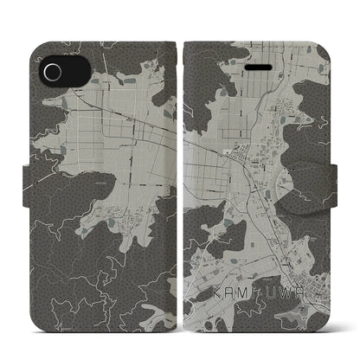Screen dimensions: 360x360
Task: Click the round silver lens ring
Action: point(50,70)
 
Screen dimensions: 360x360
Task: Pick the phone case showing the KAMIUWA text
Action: point(255,180)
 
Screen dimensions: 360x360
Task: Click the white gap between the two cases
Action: point(180,180)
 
